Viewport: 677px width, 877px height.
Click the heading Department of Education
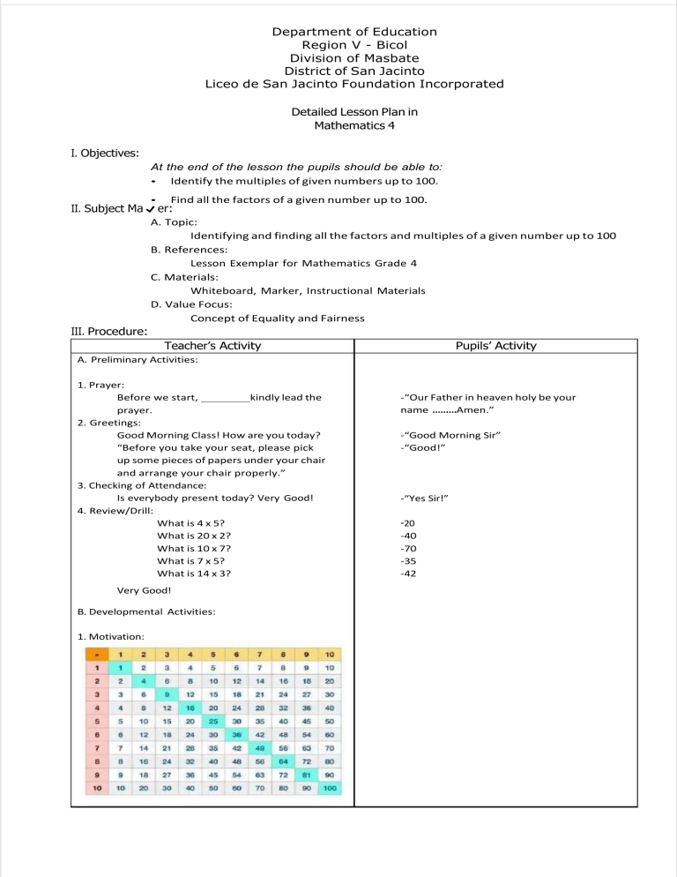tap(354, 32)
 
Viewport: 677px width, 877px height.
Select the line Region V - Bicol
tap(354, 45)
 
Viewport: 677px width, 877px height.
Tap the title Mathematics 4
tap(354, 125)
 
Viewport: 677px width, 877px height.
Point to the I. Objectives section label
tap(104, 154)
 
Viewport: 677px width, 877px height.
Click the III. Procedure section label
tap(108, 332)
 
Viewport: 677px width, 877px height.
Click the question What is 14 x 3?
tap(194, 573)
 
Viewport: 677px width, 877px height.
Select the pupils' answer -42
tap(408, 573)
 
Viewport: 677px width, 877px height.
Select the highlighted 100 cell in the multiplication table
tap(330, 787)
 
